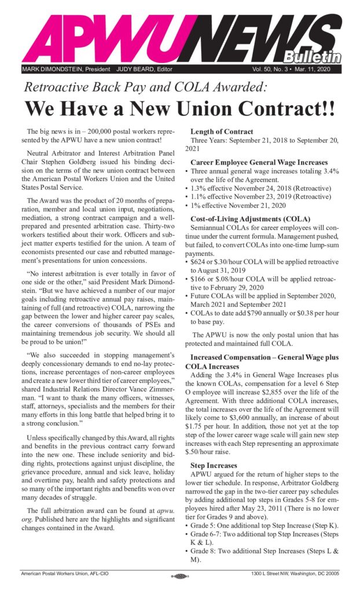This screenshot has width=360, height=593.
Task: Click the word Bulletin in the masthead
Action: pyautogui.click(x=311, y=56)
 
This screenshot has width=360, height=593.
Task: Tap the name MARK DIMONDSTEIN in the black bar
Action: pyautogui.click(x=45, y=69)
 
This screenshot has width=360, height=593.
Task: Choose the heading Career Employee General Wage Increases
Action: pyautogui.click(x=259, y=162)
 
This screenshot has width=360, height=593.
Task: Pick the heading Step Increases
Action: pyautogui.click(x=213, y=465)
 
